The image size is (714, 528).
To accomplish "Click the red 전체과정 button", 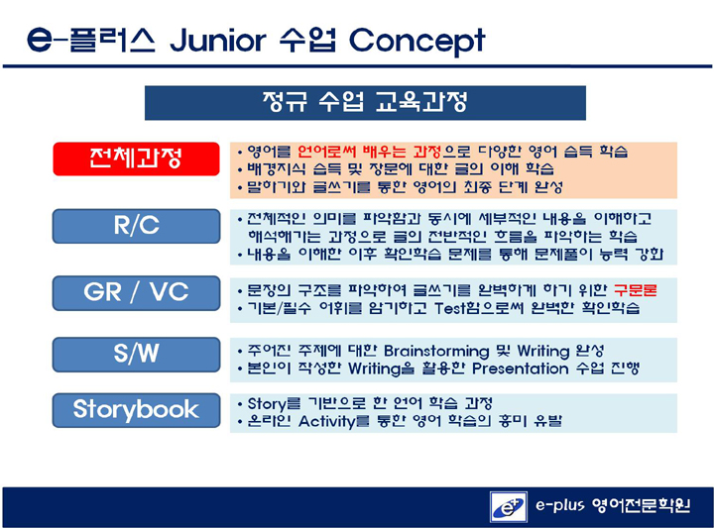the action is [x=136, y=158].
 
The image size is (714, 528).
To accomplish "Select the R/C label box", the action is [x=136, y=226].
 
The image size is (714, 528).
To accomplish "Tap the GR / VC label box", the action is [x=136, y=293].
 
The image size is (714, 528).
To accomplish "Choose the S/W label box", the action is [x=136, y=355].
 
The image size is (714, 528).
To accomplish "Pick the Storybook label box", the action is [x=136, y=410].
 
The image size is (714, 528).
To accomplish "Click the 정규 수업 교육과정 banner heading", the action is [x=365, y=103].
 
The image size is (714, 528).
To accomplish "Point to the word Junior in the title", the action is [x=217, y=40].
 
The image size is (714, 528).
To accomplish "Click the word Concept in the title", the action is [x=417, y=42].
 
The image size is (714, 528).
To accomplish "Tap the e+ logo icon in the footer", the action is [x=509, y=506].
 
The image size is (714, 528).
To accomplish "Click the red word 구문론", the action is [x=636, y=290].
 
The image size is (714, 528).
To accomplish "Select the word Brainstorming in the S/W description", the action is [x=436, y=351].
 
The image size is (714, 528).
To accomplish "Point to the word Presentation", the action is [x=520, y=369].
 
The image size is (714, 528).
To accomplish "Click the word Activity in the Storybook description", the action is [x=326, y=422].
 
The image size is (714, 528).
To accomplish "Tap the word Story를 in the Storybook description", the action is [x=274, y=404].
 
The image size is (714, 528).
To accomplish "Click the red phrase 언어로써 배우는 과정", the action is [x=369, y=151].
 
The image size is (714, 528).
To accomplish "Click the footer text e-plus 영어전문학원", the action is [x=613, y=505].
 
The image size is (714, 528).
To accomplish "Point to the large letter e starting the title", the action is [x=40, y=40].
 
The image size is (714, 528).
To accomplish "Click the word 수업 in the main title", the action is [x=307, y=40].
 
